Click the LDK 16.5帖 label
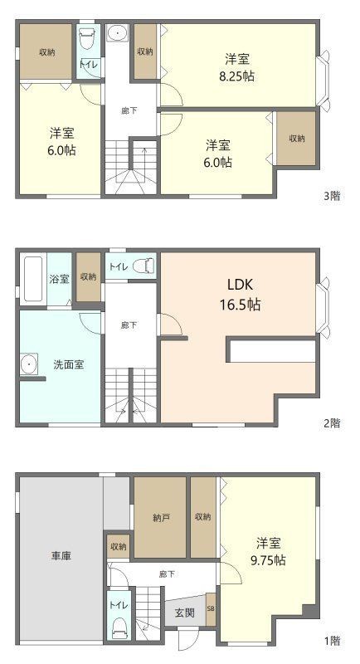(x=240, y=295)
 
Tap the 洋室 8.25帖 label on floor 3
(x=237, y=67)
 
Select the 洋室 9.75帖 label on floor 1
(x=269, y=551)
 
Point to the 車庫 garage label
(x=61, y=556)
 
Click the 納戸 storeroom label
(x=161, y=517)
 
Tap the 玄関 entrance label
(x=185, y=613)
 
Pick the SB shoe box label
(x=211, y=609)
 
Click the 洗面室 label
(x=69, y=364)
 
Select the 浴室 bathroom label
(x=59, y=279)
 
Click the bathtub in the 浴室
(x=33, y=279)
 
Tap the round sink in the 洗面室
(x=29, y=364)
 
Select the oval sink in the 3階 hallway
(x=117, y=33)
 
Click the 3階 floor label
(x=332, y=196)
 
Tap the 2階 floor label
(x=332, y=423)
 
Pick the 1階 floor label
(x=332, y=641)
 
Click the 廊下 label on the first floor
(x=167, y=574)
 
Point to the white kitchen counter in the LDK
(x=273, y=351)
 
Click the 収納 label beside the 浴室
(x=89, y=276)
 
